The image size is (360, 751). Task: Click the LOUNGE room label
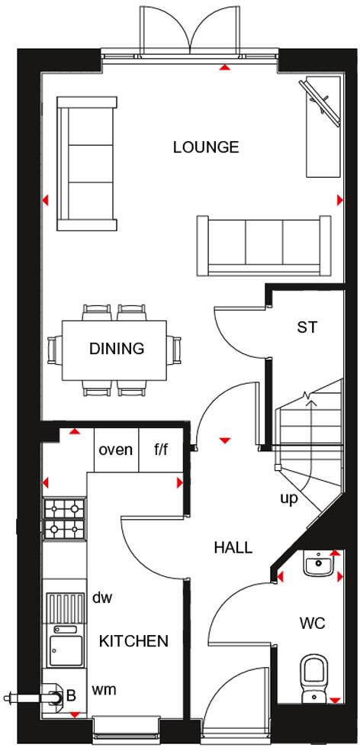coord(206,147)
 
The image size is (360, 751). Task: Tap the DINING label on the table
coord(117,349)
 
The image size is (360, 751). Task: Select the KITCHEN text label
coord(133,640)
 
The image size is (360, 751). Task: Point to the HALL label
coord(233,547)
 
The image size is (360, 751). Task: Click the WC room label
coord(313,624)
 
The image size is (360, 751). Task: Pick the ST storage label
coord(307,327)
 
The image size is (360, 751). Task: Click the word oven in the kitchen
coord(115,450)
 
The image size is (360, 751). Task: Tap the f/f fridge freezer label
coord(161,450)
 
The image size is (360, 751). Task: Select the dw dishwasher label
coord(102,598)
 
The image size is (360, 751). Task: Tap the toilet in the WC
coord(314,675)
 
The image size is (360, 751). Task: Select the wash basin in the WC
coord(317,566)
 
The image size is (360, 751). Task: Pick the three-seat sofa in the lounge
coord(265,245)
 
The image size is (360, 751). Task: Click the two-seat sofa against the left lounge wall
coord(86,163)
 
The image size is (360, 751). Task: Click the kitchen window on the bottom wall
coord(126,729)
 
